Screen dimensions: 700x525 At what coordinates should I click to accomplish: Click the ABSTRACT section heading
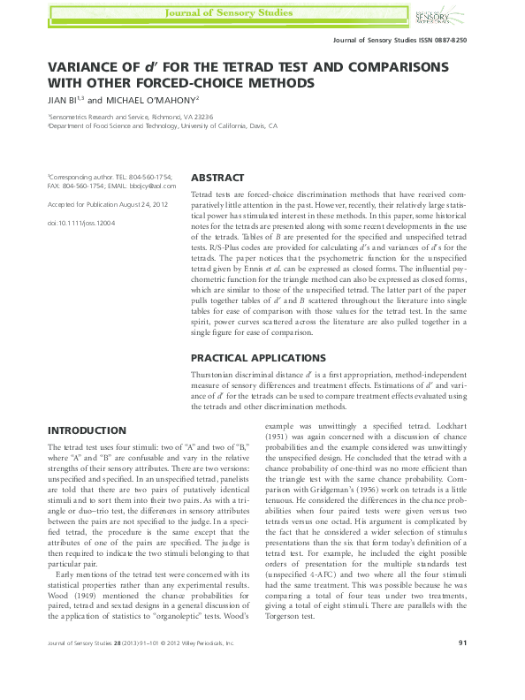pos(218,177)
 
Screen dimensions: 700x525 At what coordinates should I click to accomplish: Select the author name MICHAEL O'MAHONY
pos(153,100)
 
